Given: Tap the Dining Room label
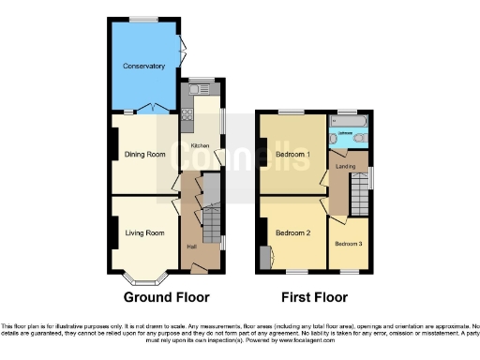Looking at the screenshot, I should click(x=145, y=154).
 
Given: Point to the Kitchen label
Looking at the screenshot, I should click(x=201, y=145).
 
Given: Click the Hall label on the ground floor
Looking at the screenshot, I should click(x=191, y=247).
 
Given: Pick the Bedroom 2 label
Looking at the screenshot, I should click(x=292, y=233).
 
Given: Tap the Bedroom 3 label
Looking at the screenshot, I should click(x=348, y=244).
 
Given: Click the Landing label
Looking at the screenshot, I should click(x=342, y=166).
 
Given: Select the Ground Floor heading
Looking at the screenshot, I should click(x=168, y=299).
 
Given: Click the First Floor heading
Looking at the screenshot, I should click(x=314, y=299).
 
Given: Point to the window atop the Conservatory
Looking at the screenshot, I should click(x=143, y=19).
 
